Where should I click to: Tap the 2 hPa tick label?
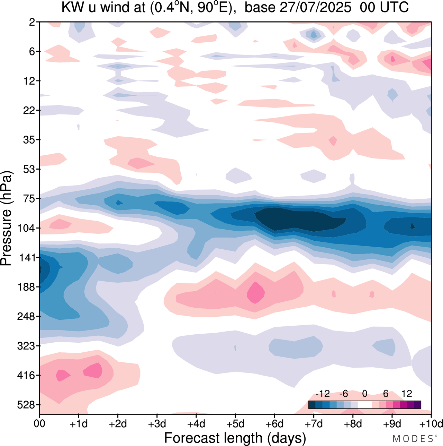(x=32, y=22)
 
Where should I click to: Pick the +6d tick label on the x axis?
(x=274, y=424)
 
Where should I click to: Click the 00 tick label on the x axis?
(x=39, y=424)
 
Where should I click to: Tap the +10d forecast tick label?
(x=431, y=424)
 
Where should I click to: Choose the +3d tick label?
(x=157, y=424)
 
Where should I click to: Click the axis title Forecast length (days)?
(x=235, y=438)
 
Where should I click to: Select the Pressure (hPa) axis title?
(x=7, y=218)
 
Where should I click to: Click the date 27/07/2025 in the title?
(x=315, y=7)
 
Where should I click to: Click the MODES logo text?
(x=413, y=439)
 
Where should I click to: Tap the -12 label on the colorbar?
(x=323, y=394)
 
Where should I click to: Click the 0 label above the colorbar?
(x=364, y=394)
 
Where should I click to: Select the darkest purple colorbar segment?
(x=417, y=404)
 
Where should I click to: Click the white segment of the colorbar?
(x=364, y=404)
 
